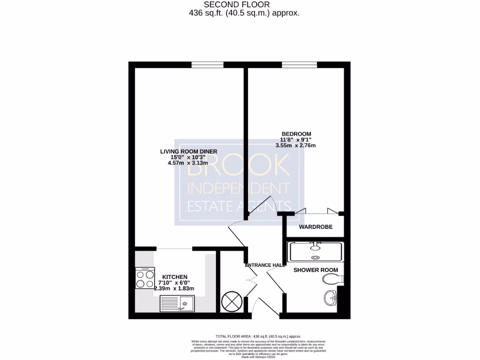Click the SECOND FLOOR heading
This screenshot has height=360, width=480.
[243, 5]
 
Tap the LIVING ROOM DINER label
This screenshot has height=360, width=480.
[188, 151]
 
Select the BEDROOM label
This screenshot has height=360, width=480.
[296, 134]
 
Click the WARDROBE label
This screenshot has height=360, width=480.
[315, 227]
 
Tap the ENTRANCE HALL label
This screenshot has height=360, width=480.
[265, 265]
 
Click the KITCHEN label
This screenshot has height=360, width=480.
[175, 277]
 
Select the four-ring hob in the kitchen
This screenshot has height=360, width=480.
[145, 277]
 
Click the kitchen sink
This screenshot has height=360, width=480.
[182, 304]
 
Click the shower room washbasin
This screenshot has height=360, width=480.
[330, 297]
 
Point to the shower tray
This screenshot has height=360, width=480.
[316, 252]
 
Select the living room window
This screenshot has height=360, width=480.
[207, 65]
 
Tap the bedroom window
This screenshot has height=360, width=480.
[299, 65]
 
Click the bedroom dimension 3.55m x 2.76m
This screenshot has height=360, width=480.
[295, 145]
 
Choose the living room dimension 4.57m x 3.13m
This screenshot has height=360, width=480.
[187, 163]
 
